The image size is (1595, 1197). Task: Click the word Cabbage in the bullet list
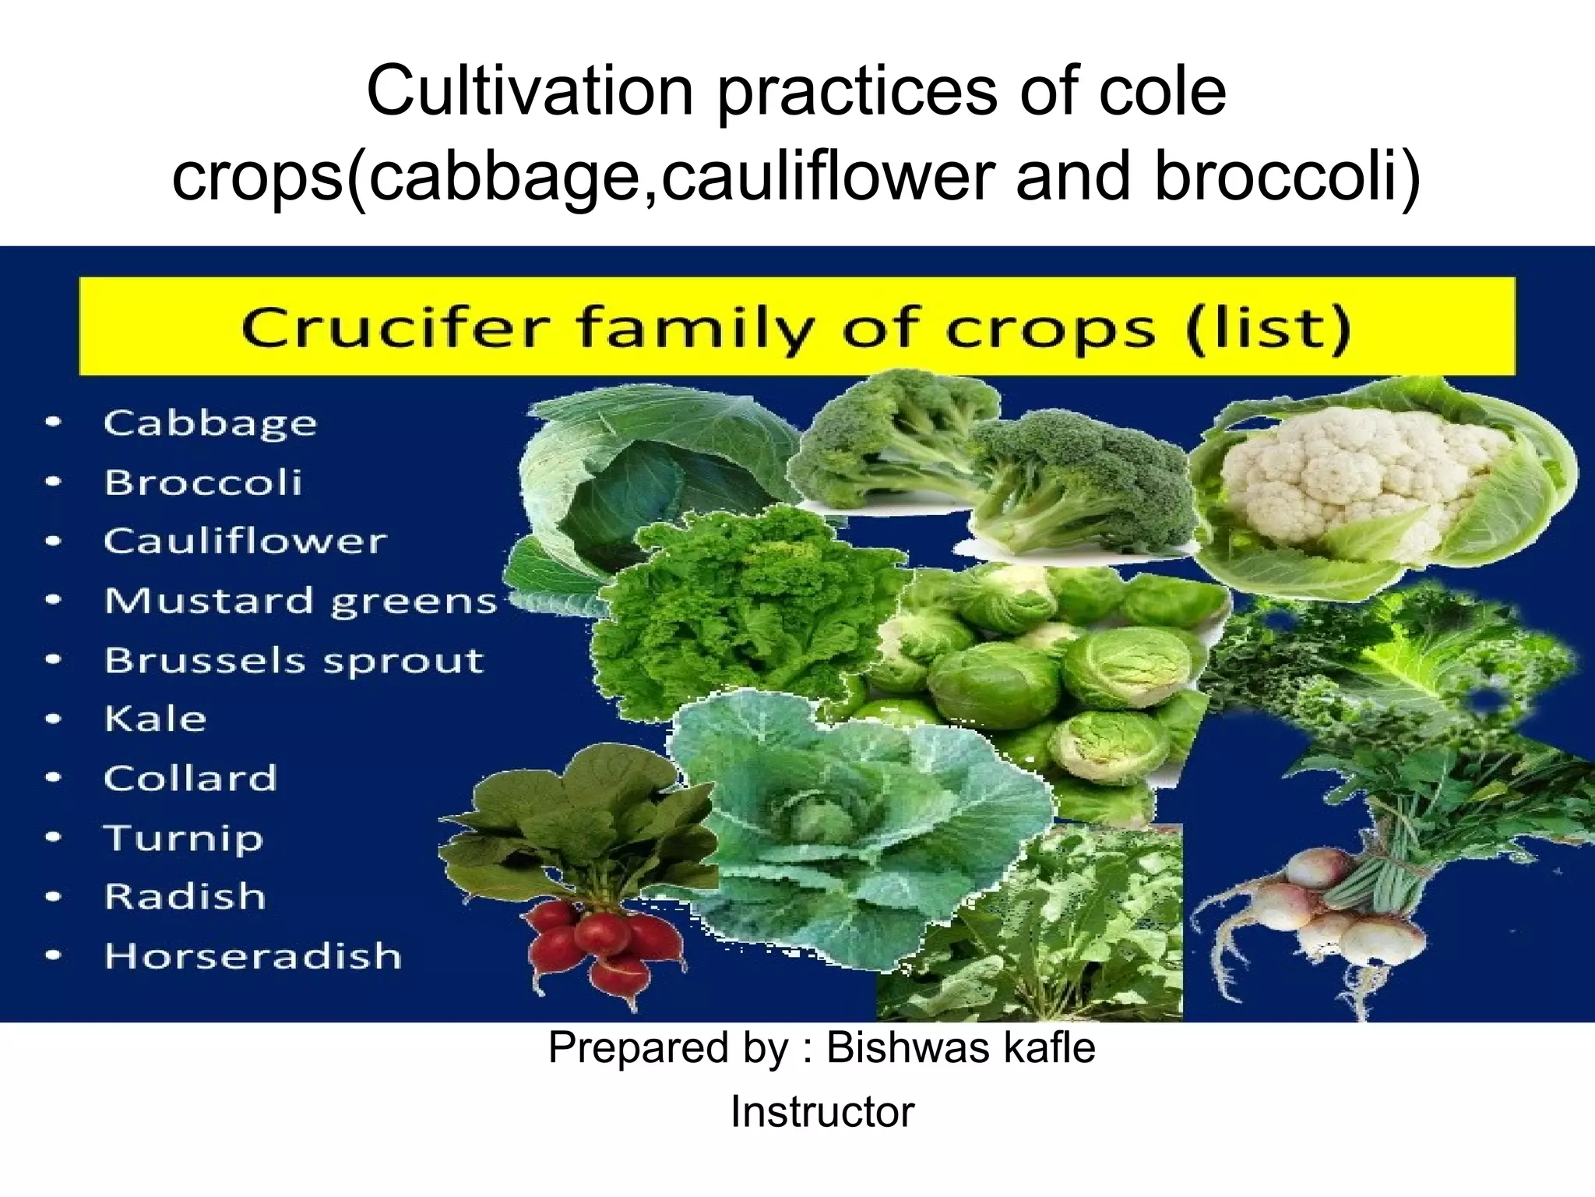(210, 424)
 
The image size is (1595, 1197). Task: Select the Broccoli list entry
(203, 482)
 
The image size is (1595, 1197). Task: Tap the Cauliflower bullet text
(245, 542)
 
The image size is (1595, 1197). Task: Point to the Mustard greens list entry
(301, 601)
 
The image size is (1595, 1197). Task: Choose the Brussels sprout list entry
(294, 660)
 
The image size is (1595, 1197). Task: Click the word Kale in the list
(156, 719)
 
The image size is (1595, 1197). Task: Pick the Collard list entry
(191, 778)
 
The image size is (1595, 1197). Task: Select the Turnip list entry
(184, 838)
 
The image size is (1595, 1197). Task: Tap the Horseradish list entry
(253, 956)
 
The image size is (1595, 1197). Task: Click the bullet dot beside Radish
(53, 897)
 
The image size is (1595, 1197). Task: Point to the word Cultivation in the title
(530, 92)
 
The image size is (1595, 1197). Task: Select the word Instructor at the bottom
(822, 1112)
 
